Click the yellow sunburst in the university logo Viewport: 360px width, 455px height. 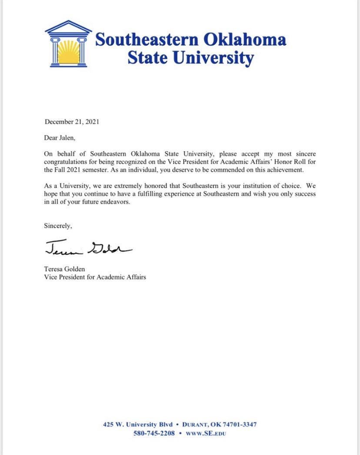coord(68,52)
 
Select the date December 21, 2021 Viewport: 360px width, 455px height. coord(72,122)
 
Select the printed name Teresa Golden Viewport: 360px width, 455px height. coord(65,269)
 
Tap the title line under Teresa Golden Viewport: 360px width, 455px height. coord(95,277)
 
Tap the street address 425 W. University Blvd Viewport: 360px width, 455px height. coord(137,424)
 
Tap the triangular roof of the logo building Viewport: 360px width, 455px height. coord(68,28)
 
